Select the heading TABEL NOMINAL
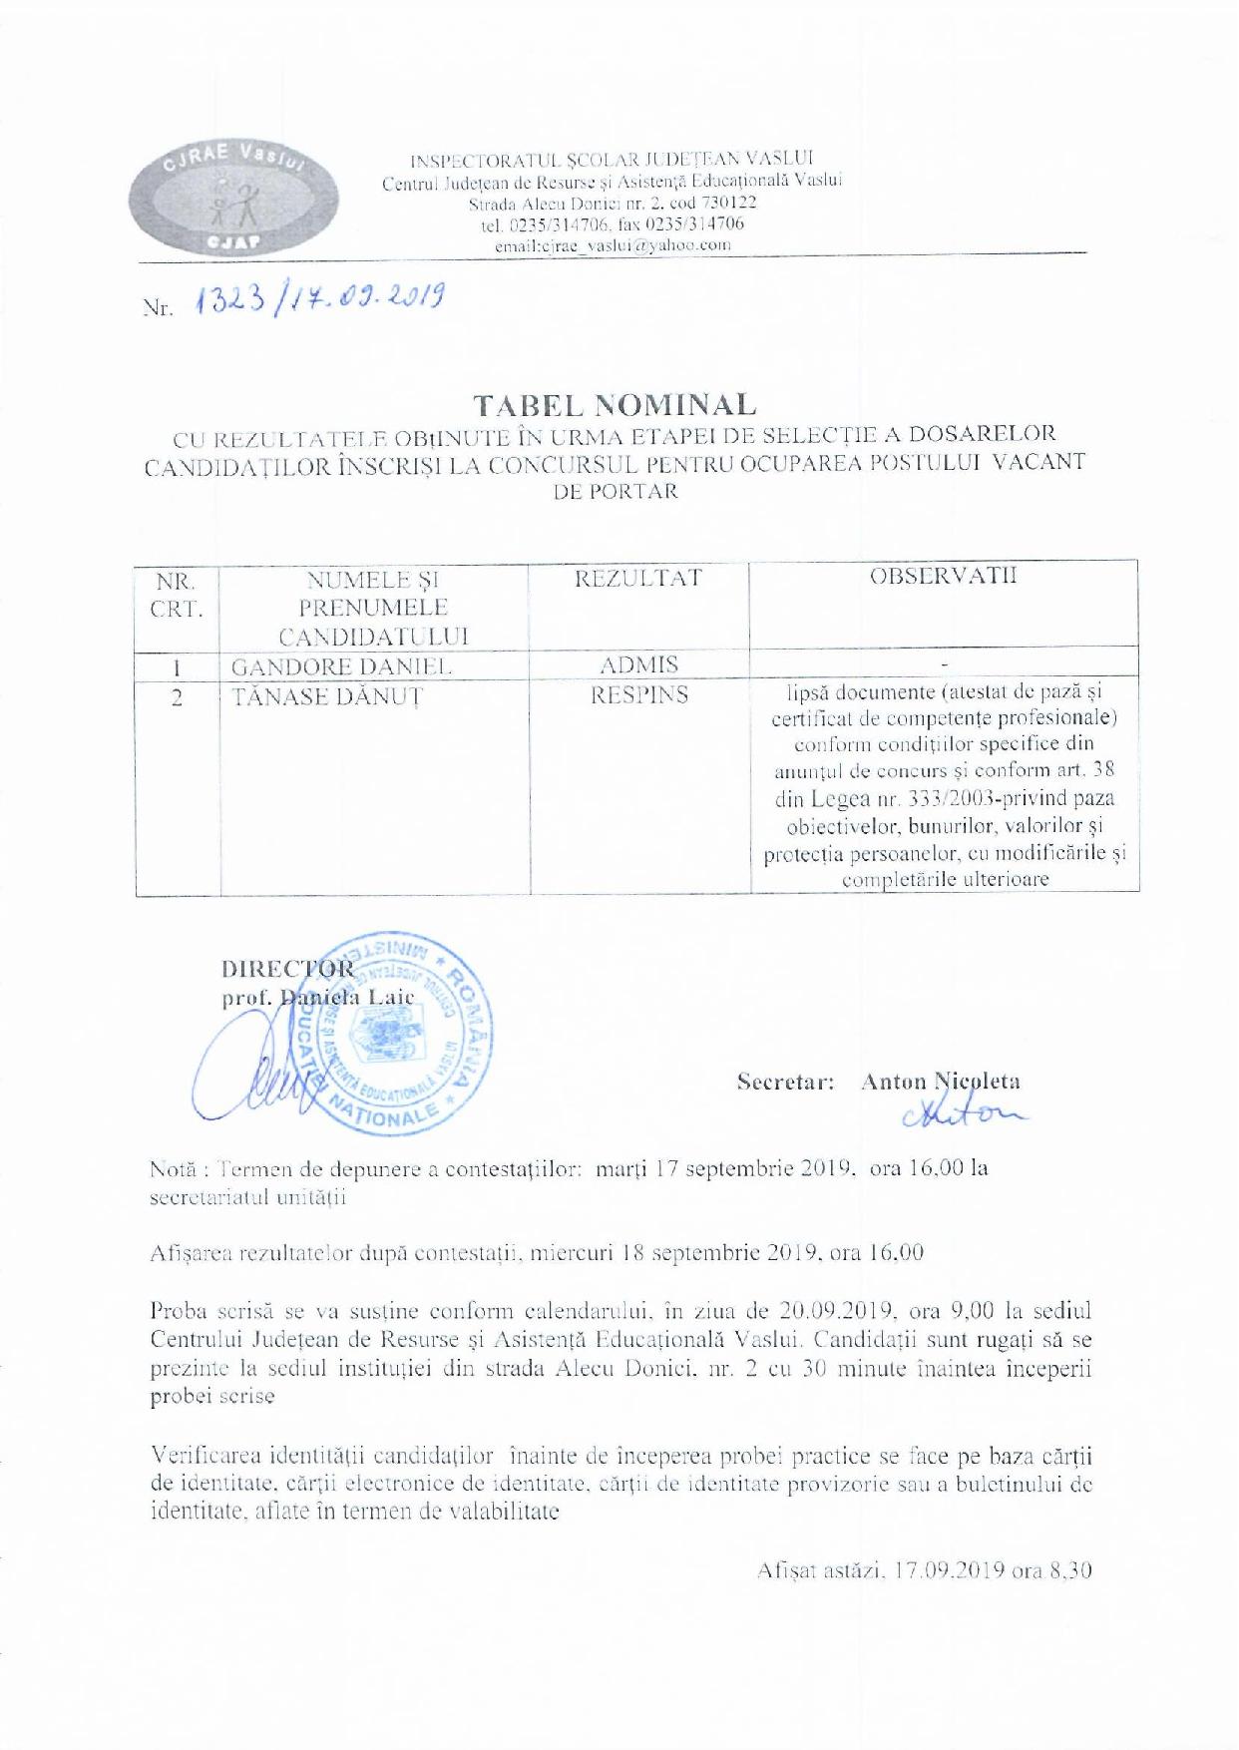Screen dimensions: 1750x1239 615,404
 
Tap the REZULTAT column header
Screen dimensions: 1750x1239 638,578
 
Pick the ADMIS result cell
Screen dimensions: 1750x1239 638,664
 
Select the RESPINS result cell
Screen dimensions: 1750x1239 638,695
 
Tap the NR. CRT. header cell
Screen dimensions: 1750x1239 177,594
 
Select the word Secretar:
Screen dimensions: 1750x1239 786,1082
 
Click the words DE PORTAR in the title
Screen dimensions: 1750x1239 616,491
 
